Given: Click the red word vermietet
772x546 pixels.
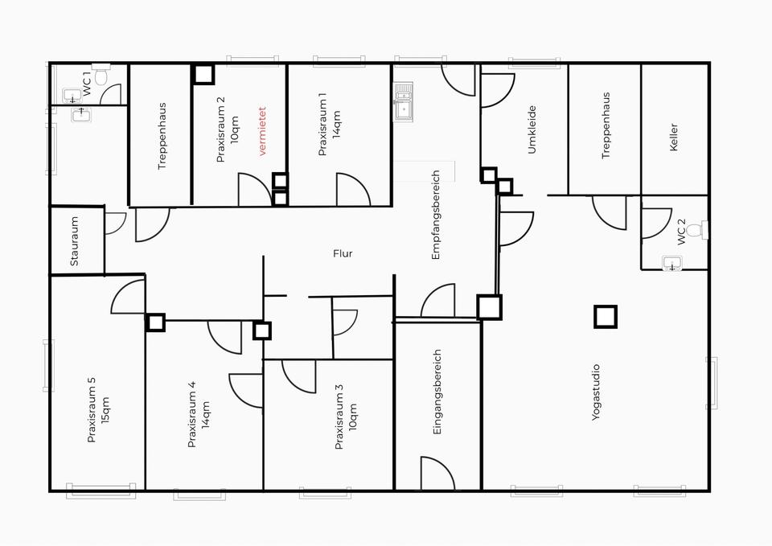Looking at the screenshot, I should (x=261, y=132).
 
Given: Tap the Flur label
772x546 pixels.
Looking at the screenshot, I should (x=343, y=254).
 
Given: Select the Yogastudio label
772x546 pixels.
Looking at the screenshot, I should (x=596, y=394).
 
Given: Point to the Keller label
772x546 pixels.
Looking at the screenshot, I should (x=673, y=139).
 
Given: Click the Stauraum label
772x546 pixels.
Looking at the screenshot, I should (x=74, y=241).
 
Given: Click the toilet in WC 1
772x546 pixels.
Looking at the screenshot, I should (x=101, y=76).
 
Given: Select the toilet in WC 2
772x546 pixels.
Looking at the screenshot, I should (x=696, y=231).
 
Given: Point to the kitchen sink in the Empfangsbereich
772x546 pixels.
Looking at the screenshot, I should (x=402, y=103).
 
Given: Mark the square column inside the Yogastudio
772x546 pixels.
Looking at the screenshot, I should (x=606, y=316).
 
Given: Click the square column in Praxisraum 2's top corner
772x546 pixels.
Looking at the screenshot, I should (x=203, y=74).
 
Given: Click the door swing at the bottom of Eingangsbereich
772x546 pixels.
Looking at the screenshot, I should (x=437, y=474).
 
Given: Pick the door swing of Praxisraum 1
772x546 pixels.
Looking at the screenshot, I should (x=352, y=190).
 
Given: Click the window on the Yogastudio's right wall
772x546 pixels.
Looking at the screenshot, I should (x=711, y=383).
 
